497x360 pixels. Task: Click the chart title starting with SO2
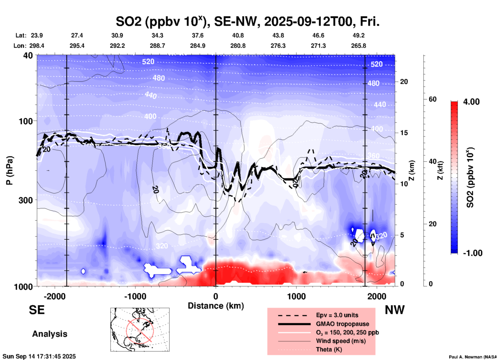coord(247,22)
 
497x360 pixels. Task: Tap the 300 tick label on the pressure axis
coord(26,200)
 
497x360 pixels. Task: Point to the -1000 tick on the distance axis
coord(135,296)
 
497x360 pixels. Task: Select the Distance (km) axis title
coord(216,306)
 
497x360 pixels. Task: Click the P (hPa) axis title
coord(10,170)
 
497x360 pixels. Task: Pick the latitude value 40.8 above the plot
coord(238,35)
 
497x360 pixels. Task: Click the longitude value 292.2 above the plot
coord(117,46)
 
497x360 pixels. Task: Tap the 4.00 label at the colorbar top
coord(471,102)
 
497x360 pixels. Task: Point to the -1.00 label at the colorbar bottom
coord(472,253)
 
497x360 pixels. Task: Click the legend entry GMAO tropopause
coord(342,324)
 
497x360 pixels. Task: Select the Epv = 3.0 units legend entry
coord(337,315)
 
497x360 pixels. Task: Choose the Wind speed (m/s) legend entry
coord(341,341)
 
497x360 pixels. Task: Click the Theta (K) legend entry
coord(329,349)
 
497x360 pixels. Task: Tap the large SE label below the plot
coord(37,310)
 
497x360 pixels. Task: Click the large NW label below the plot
coord(395,310)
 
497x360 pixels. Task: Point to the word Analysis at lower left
coord(50,334)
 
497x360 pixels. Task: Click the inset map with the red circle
coord(140,330)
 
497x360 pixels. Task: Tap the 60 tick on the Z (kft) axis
coord(432,99)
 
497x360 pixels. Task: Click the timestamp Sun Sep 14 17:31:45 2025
coord(39,356)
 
